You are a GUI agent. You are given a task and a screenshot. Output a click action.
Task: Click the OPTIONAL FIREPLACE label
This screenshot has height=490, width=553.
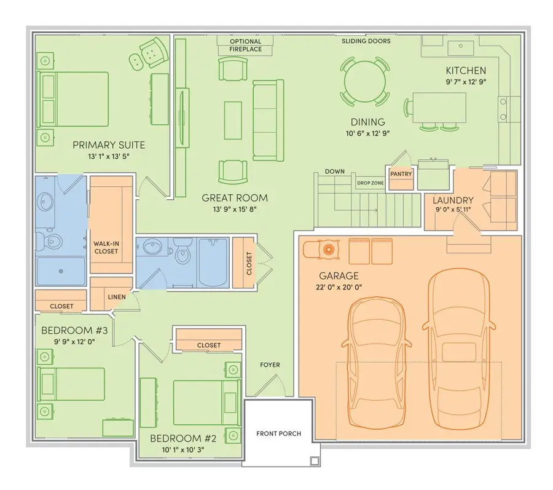[x=245, y=45]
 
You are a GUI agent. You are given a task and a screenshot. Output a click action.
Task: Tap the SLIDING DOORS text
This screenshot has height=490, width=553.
[x=366, y=41]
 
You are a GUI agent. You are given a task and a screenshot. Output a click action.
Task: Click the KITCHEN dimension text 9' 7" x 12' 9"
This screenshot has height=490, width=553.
[x=466, y=82]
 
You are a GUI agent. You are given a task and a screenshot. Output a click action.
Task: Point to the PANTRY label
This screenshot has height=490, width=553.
[x=401, y=174]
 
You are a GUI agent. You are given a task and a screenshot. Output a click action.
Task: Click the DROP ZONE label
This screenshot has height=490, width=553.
[x=370, y=183]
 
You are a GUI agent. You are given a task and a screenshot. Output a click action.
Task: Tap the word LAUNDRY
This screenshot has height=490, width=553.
[x=453, y=200]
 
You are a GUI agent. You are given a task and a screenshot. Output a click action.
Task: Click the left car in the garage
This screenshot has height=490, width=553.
[x=377, y=363]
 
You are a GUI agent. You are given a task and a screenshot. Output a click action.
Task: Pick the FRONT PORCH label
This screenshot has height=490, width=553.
[x=278, y=433]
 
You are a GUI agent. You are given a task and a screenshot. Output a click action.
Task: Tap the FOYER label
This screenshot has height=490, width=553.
[x=270, y=365]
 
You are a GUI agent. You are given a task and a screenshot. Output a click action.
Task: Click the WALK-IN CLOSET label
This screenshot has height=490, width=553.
[x=106, y=247]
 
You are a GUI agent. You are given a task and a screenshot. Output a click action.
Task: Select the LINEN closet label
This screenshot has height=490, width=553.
[x=117, y=297]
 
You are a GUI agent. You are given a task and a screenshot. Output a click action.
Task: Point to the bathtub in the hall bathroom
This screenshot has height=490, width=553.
[x=213, y=263]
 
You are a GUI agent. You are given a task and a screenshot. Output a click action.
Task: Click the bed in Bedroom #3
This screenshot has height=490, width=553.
[x=71, y=384]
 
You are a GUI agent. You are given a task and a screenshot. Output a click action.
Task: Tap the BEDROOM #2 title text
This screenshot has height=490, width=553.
[x=183, y=438]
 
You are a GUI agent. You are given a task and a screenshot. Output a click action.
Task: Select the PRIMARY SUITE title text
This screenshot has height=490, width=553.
[x=109, y=145]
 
